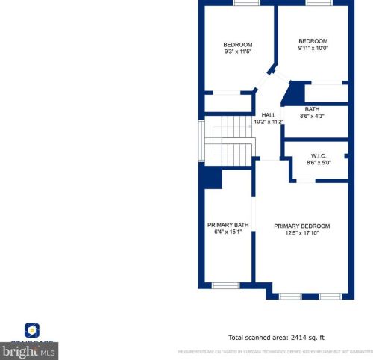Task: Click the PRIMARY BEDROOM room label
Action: point(301,226)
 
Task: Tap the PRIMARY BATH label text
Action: point(228,225)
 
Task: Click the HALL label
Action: point(268,114)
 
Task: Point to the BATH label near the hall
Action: point(311,109)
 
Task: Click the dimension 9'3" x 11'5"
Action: point(238,52)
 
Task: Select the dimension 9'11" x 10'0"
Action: point(313,48)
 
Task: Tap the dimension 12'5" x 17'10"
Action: point(301,233)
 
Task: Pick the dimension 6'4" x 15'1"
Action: point(228,232)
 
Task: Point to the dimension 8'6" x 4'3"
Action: point(311,116)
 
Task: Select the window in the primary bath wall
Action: point(225,285)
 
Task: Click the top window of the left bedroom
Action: point(243,3)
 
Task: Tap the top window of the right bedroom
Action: point(318,3)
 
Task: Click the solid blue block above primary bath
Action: point(211,177)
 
